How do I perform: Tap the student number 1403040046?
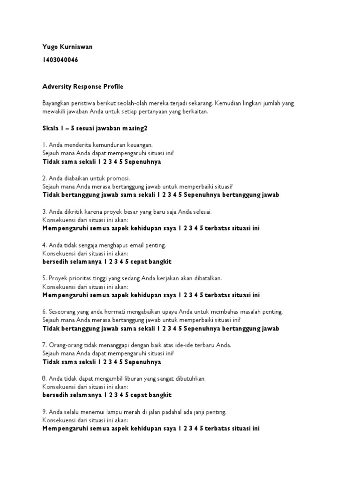[x=60, y=60]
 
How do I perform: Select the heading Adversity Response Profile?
[x=82, y=87]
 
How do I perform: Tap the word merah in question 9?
[x=122, y=412]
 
